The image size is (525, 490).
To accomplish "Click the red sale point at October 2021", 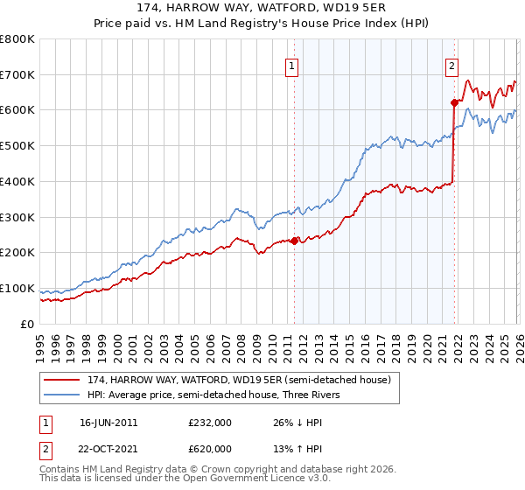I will point(454,102).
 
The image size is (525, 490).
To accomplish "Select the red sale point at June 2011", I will point(294,241).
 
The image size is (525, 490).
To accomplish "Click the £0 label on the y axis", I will point(27,324).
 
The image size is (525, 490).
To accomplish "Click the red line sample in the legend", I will point(63,379).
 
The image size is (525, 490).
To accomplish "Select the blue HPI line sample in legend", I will point(63,394).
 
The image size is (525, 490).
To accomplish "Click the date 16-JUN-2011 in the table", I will point(108,423).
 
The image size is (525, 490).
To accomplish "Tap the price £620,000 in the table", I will point(209,448).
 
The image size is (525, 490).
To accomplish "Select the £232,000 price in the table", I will point(209,423).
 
